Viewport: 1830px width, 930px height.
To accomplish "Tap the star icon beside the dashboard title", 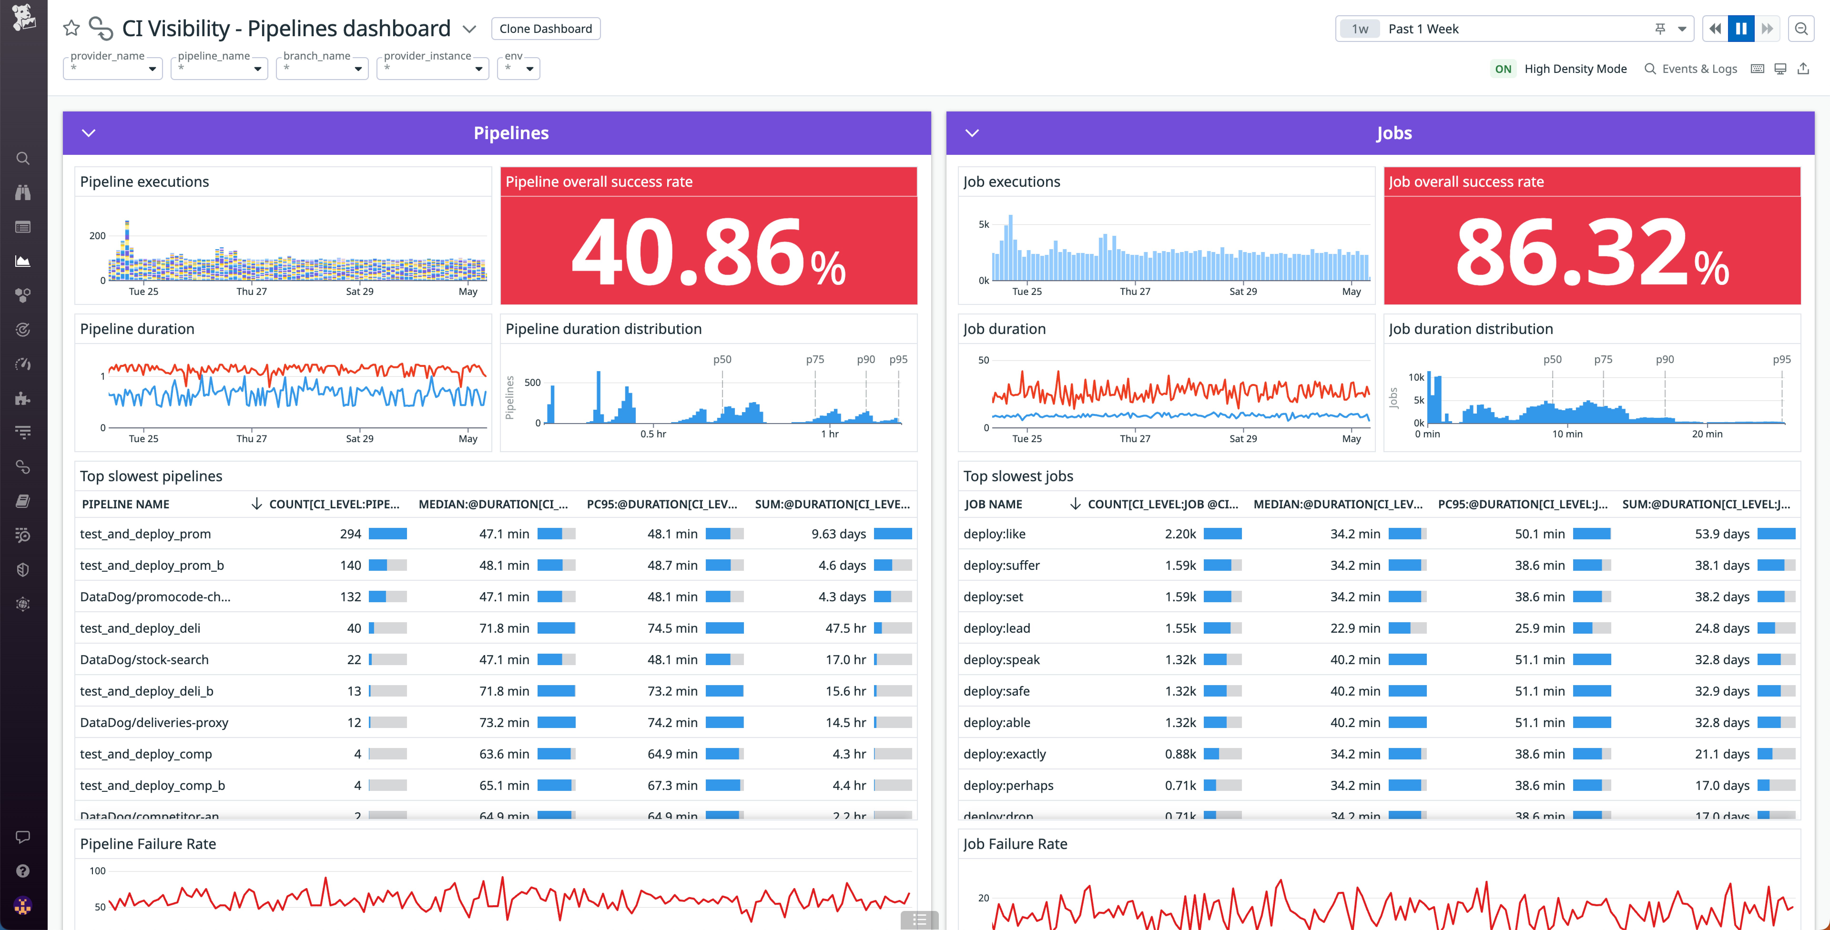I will coord(71,28).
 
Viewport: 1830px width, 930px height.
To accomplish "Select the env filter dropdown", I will coord(518,68).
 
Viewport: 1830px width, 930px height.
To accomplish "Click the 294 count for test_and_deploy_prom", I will coord(350,534).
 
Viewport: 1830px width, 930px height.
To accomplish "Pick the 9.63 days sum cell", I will coord(838,534).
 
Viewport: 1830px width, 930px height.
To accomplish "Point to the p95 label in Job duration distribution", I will coord(1781,359).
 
